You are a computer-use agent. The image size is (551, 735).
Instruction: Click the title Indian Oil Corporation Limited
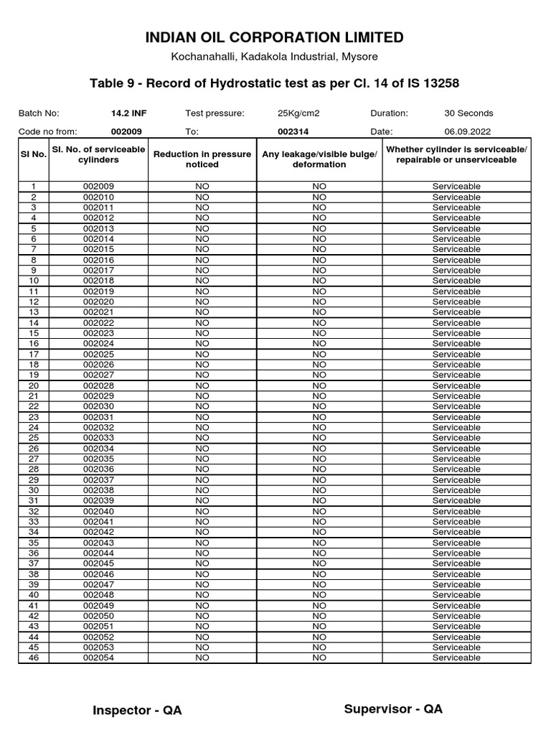275,37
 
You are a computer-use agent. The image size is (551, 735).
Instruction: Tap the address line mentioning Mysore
275,57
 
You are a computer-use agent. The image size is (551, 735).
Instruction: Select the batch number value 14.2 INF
128,113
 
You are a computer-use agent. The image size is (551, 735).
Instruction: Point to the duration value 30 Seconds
468,113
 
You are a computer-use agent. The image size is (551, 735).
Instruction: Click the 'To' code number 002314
293,131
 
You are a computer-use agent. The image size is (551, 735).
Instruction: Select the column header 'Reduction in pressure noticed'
202,159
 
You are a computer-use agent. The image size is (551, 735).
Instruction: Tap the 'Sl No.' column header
33,154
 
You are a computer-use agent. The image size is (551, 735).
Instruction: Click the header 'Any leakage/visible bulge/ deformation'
319,159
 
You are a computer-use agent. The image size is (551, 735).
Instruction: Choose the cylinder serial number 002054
98,657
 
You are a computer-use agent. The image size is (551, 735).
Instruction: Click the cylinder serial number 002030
98,406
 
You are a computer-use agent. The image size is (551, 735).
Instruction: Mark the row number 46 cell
33,657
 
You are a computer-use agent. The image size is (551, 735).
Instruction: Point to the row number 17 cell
33,354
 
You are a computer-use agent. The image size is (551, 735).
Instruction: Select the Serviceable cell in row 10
456,281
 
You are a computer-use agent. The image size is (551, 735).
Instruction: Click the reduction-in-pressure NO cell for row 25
202,438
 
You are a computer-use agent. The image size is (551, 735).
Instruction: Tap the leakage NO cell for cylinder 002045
319,563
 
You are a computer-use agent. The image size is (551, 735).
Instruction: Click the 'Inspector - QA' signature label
137,711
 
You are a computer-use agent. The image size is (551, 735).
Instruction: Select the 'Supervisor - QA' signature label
393,709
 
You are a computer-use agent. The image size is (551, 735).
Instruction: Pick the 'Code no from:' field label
47,131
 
